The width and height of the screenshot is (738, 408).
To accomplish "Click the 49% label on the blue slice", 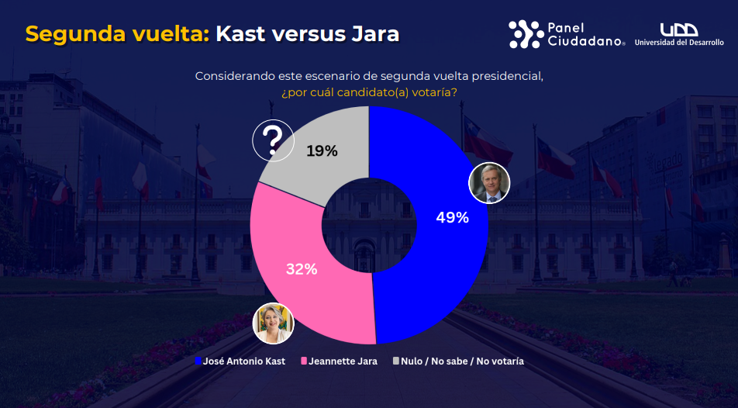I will tap(452, 218).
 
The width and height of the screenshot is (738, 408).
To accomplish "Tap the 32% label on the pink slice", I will tap(301, 269).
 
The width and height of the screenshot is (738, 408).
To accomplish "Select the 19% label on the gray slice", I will tap(322, 151).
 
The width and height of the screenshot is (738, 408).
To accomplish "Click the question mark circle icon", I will tap(273, 140).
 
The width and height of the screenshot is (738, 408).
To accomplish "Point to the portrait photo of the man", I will tap(490, 183).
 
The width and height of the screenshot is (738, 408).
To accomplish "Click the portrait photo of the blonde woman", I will tap(274, 323).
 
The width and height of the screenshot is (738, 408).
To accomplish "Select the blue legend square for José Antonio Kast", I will tap(198, 361).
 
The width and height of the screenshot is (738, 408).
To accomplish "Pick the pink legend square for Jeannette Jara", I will tap(305, 361).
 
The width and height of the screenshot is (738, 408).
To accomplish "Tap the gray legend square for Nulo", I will tap(396, 361).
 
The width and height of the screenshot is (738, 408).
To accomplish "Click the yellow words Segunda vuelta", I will tap(117, 34).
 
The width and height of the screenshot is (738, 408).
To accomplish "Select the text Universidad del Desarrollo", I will tap(678, 43).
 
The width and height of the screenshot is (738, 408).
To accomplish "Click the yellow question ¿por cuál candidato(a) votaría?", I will tap(369, 92).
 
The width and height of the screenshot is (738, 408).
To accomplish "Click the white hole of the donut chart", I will tap(369, 225).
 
